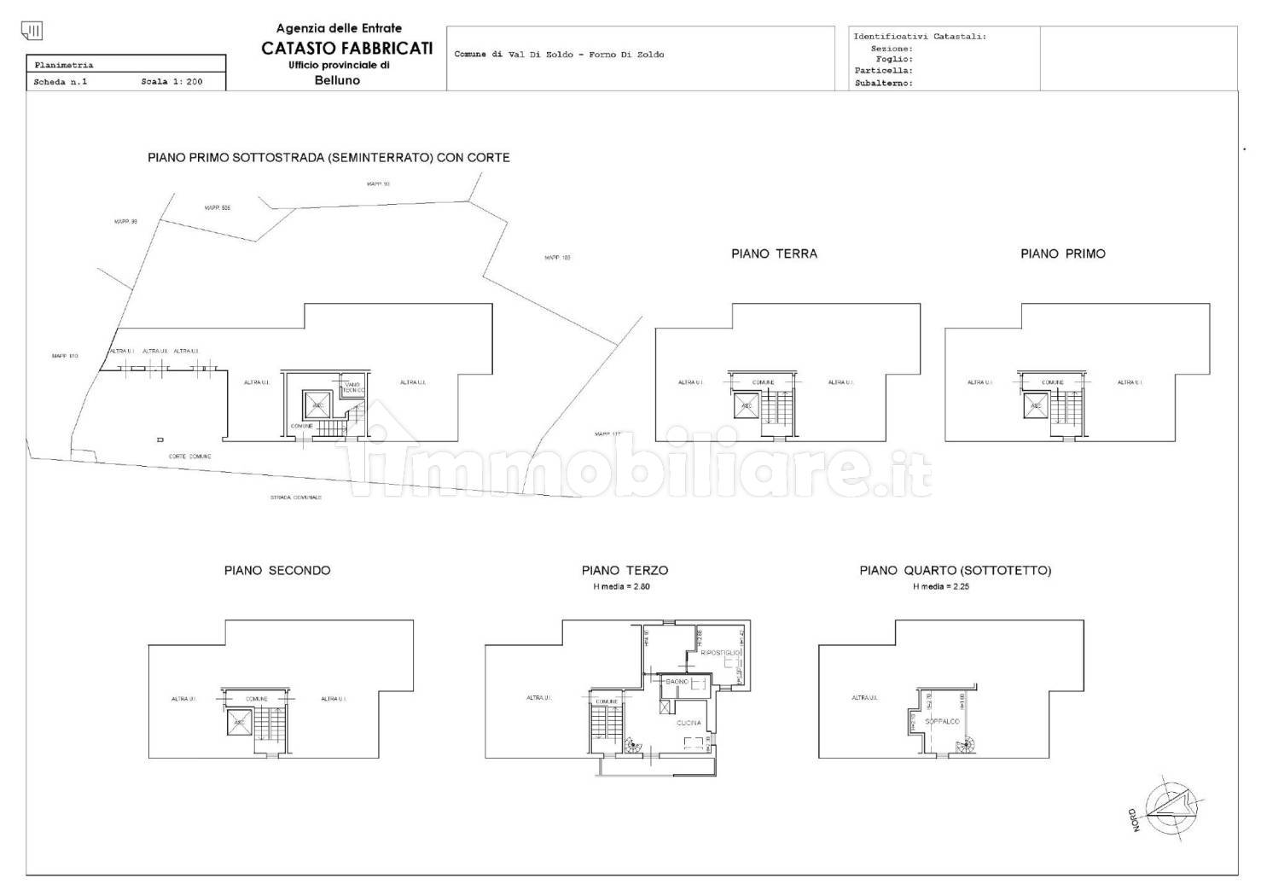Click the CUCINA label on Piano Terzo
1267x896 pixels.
[689, 723]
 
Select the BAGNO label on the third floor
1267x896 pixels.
[677, 682]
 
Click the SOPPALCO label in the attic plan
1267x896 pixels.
[942, 721]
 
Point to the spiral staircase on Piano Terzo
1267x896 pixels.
[631, 747]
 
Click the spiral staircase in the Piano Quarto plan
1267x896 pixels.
[965, 748]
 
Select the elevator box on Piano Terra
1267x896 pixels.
[747, 405]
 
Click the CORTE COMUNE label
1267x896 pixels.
[189, 457]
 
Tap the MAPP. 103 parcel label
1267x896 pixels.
[557, 257]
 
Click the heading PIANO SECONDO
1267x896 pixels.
[277, 570]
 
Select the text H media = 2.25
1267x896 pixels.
[941, 587]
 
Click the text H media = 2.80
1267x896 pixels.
[621, 587]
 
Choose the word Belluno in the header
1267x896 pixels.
[337, 80]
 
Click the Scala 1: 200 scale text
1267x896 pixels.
[171, 83]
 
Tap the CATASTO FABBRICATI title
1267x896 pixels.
[346, 49]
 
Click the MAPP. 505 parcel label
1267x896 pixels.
[218, 207]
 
